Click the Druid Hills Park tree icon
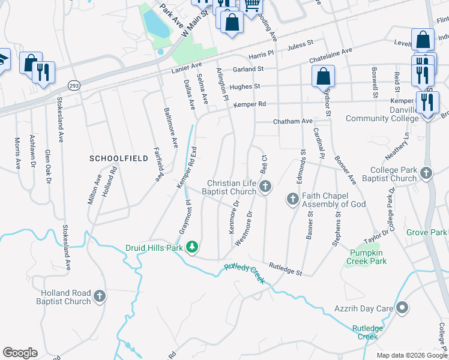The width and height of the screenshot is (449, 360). (x=192, y=247)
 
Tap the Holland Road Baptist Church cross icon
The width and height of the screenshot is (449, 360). (x=100, y=296)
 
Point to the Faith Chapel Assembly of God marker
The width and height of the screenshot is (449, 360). (x=293, y=199)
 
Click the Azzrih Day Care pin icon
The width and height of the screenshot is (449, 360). (x=403, y=308)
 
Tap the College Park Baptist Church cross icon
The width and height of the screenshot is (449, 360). (x=426, y=174)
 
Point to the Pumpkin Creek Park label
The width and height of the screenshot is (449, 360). (x=368, y=257)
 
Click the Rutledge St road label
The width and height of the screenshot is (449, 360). (x=285, y=269)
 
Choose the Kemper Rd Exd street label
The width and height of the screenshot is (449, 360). (x=186, y=169)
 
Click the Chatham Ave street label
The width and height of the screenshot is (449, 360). (x=293, y=121)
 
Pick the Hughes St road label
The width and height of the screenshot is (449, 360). (x=244, y=86)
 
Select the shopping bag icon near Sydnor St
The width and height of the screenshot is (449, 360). (x=323, y=76)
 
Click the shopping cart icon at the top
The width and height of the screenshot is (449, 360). (x=252, y=5)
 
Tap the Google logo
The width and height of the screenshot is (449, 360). (x=20, y=353)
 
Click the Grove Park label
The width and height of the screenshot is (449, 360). (x=427, y=232)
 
